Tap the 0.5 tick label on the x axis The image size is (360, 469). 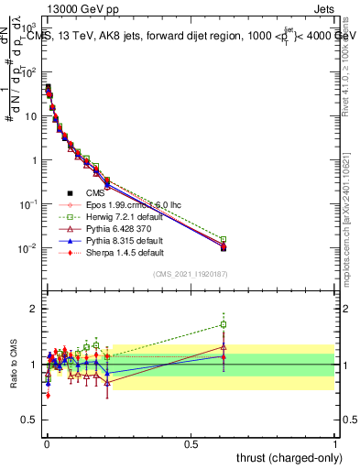191,442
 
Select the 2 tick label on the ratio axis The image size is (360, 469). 34,308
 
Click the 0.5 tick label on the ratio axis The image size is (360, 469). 29,420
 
